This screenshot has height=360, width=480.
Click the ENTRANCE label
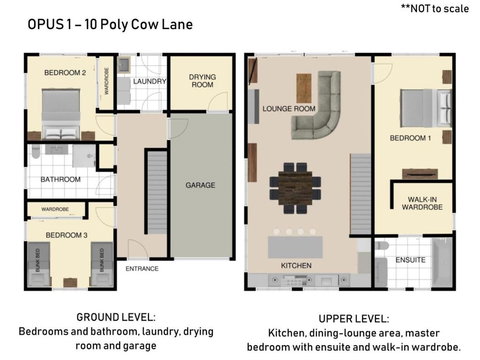[142, 268]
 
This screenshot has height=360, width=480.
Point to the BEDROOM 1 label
[409, 139]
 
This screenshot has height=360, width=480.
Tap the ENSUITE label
[410, 259]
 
